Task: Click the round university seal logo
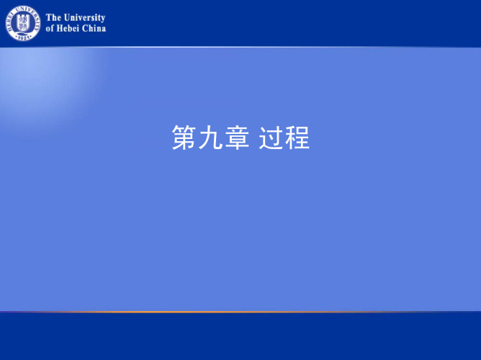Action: pos(23,23)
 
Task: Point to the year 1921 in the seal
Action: pos(23,37)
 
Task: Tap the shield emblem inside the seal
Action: pos(23,23)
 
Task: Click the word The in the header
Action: pos(53,17)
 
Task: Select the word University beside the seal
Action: pos(84,18)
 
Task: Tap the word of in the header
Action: pos(50,29)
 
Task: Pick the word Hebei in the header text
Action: pos(68,28)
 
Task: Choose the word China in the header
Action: pos(94,28)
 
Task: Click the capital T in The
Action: pos(49,17)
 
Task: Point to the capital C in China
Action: pos(85,29)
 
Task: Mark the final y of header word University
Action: pos(103,19)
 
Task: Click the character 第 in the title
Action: pos(184,137)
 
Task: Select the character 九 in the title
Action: pos(210,137)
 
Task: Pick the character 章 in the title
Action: pos(237,137)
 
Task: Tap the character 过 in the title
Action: pos(271,137)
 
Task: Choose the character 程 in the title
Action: pos(297,137)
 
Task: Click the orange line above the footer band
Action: pos(240,312)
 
